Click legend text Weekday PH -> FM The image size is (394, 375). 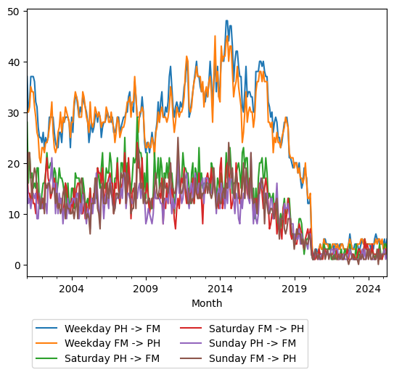click(x=107, y=328)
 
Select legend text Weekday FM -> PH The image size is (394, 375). click(x=107, y=343)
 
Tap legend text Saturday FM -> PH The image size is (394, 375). click(x=256, y=328)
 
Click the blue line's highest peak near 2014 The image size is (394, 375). click(x=226, y=21)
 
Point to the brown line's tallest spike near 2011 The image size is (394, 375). click(x=178, y=138)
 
